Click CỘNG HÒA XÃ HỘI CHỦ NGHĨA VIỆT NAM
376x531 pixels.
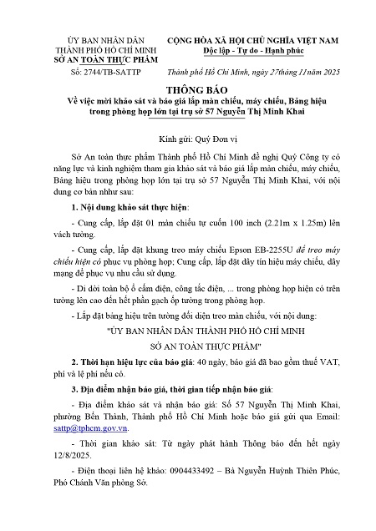point(256,39)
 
